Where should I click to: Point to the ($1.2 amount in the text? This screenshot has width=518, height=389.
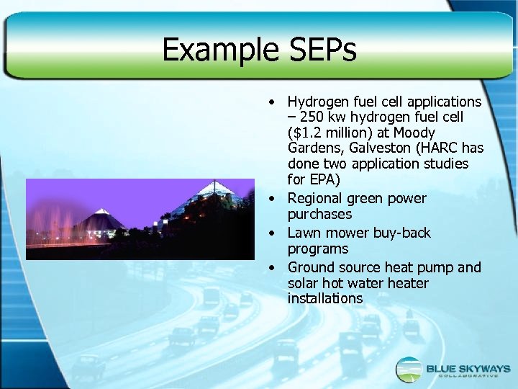(x=305, y=133)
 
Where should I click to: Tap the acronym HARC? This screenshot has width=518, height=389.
(x=437, y=148)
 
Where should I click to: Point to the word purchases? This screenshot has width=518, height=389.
(x=319, y=214)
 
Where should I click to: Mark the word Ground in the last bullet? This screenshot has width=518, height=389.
(x=310, y=267)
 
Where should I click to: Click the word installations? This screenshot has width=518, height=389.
(x=324, y=298)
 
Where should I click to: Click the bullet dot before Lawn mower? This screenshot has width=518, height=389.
(x=273, y=233)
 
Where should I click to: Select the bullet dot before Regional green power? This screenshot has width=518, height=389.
(x=273, y=199)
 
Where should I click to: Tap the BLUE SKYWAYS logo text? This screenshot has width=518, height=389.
(x=468, y=369)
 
